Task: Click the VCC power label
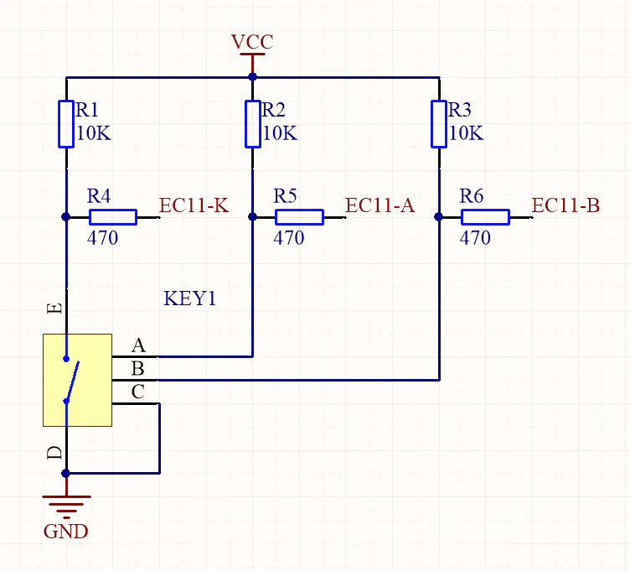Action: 252,42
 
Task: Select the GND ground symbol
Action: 66,506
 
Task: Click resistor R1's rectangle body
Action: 66,123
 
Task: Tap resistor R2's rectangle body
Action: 252,123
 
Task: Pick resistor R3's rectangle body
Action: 438,123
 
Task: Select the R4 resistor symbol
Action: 112,217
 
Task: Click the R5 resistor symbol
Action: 299,217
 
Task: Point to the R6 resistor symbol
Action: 485,217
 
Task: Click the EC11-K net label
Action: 194,205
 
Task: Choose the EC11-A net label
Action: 380,205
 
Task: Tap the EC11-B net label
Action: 565,205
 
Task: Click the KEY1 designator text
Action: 190,298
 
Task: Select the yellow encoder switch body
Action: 78,380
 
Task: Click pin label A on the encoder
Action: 138,345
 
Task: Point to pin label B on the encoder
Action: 138,369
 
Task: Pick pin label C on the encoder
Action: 138,392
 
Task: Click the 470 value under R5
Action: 289,238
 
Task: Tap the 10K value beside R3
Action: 466,133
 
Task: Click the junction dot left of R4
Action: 66,216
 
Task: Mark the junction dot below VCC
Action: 252,77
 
